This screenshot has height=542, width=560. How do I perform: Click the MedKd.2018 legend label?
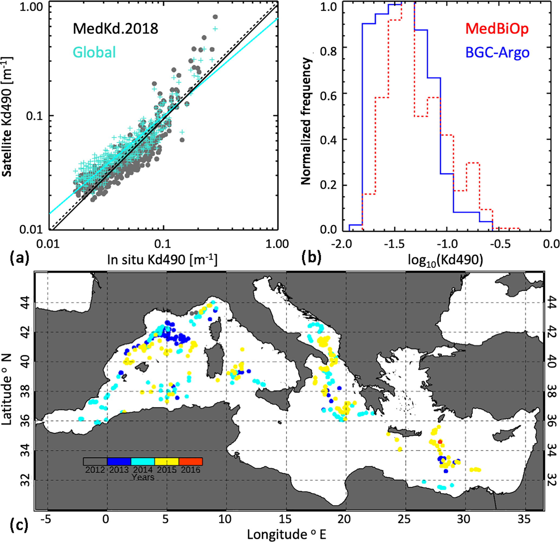115,29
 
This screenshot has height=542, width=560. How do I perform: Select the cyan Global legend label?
94,52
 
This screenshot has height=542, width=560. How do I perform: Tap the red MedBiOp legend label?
497,29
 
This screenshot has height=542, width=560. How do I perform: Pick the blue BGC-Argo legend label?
497,52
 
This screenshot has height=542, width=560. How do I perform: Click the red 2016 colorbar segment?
190,461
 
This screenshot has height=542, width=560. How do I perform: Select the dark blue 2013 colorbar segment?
119,461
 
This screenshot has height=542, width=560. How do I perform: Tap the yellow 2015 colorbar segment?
167,461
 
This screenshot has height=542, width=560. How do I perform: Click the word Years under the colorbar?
143,477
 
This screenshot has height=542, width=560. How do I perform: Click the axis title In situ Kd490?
162,260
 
